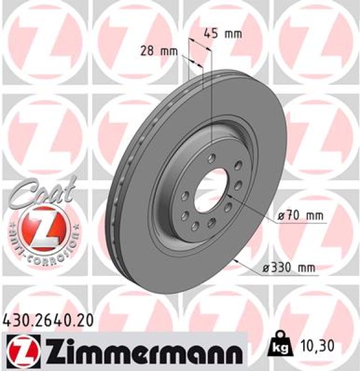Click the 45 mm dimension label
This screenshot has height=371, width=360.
(x=222, y=33)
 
